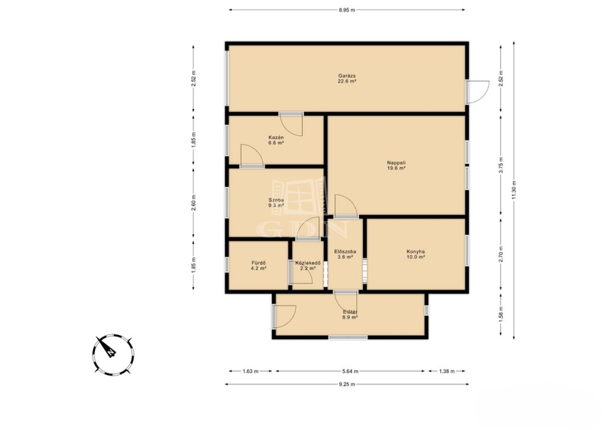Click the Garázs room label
pos(347,78)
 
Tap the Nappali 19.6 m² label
pos(396,165)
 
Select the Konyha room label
pos(416,254)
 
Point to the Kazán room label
pos(276,140)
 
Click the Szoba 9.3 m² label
pos(276,203)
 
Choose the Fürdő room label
pos(258,266)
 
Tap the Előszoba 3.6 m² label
pos(345,254)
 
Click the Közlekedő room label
pos(308,266)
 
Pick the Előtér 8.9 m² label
pos(350,315)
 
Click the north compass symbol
pos(113,355)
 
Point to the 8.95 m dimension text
pos(347,10)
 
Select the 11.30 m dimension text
pos(513,190)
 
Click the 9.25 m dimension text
pos(347,384)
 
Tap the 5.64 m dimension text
pos(350,371)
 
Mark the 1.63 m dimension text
pos(250,371)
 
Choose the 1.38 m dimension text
pos(446,371)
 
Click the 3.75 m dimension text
pos(501,165)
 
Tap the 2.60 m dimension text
pos(193,203)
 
